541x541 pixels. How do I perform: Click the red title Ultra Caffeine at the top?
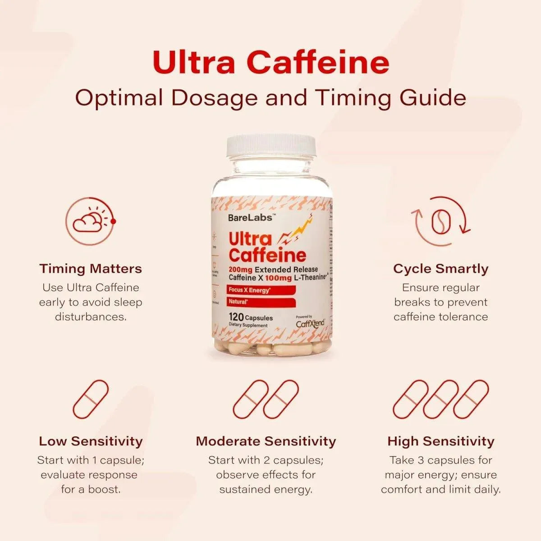270,62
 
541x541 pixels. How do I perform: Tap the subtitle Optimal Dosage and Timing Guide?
270,98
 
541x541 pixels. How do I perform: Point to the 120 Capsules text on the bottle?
251,317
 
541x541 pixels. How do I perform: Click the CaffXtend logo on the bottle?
310,323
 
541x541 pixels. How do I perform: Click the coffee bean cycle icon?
440,221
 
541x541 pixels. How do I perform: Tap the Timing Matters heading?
91,269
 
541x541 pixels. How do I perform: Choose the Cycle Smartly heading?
440,269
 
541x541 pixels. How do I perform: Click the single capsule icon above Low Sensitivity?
91,399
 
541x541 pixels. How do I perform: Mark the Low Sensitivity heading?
91,441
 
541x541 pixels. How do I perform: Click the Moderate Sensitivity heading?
266,441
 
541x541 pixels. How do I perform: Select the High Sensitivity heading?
440,441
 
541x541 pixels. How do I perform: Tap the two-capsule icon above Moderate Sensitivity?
266,399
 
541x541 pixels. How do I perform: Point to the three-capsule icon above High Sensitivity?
440,399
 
